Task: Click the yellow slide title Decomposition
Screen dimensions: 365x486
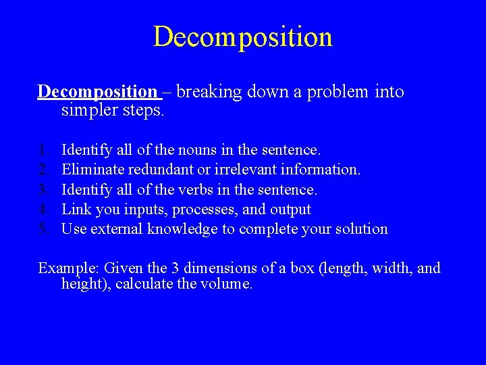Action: coord(243,36)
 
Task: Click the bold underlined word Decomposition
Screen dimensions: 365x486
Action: coord(97,91)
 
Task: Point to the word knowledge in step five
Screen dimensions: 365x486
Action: coord(178,229)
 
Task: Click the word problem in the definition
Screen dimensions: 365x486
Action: coord(339,91)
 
